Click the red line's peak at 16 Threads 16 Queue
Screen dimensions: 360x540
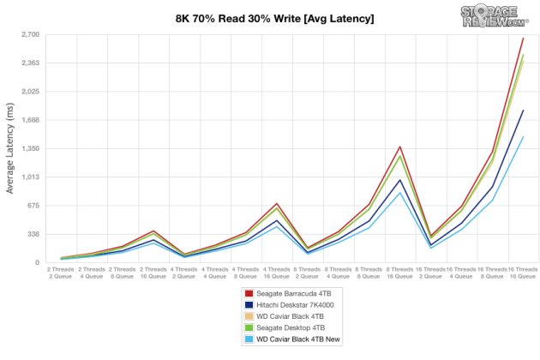[523, 38]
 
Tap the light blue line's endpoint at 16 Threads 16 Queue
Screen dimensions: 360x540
[523, 137]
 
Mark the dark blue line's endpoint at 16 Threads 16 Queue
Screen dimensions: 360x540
[523, 111]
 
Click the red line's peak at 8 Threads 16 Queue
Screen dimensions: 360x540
[400, 147]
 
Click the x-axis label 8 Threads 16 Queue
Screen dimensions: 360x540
[399, 272]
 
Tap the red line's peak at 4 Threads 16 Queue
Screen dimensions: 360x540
[276, 204]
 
